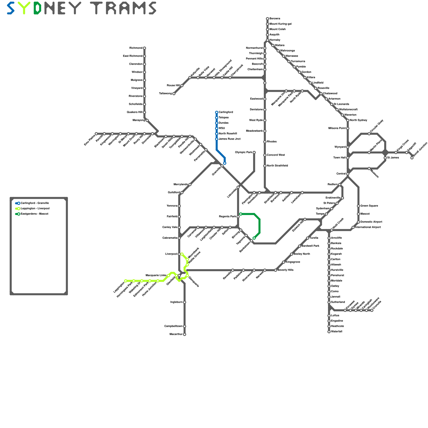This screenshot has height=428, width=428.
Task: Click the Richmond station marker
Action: tap(144, 48)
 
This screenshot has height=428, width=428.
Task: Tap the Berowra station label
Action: tap(275, 19)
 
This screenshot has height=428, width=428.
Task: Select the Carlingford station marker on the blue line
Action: tap(217, 112)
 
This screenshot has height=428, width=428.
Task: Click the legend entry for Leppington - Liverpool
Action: tap(35, 209)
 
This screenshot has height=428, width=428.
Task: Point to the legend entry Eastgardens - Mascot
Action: tap(34, 214)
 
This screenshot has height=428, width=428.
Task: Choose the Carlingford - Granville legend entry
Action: tap(35, 203)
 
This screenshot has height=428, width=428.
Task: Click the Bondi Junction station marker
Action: tap(412, 158)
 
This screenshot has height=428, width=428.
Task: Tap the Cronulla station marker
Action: tap(372, 310)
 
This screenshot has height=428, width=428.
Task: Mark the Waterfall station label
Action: tap(337, 332)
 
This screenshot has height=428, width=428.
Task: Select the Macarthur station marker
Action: tap(185, 334)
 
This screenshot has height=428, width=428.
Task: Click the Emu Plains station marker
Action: tap(96, 134)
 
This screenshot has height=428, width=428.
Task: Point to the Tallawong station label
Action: tap(165, 94)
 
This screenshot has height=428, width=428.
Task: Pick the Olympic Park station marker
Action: tap(254, 152)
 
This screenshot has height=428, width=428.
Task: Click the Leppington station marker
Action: tap(126, 281)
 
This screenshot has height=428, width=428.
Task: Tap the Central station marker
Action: tap(348, 174)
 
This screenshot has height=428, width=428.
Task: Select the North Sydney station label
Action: tap(358, 120)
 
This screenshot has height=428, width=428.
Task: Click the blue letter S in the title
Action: tap(11, 8)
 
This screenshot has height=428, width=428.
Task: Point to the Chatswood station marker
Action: tap(321, 94)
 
